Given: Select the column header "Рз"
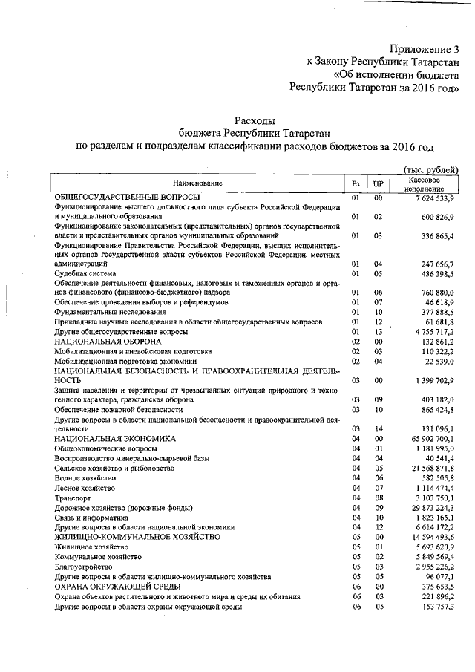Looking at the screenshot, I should [356, 183].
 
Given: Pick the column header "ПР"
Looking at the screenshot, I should [378, 183].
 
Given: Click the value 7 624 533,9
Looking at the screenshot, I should [433, 198].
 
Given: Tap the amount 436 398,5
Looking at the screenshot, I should [439, 273].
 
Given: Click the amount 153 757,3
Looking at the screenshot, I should [439, 607].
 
